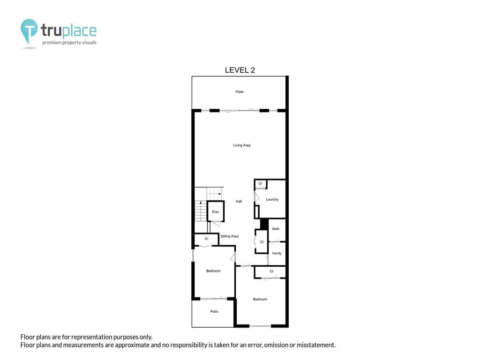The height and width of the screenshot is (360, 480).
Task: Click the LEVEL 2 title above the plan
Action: tap(240, 70)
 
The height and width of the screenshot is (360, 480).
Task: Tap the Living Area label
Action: tap(242, 145)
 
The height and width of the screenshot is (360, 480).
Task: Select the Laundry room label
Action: tap(272, 200)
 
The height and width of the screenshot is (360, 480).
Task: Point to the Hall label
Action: tap(239, 202)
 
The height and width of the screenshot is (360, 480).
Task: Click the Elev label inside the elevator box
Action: tap(216, 212)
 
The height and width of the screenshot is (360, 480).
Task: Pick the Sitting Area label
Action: tap(229, 236)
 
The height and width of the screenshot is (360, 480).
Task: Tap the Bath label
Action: tap(276, 229)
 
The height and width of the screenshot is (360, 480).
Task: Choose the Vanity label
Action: tap(277, 253)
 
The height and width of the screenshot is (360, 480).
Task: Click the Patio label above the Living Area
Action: tap(240, 92)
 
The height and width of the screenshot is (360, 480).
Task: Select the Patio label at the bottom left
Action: tap(214, 311)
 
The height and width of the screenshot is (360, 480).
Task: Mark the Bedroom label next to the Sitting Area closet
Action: tap(213, 271)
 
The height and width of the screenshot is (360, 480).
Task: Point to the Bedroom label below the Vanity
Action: tap(260, 299)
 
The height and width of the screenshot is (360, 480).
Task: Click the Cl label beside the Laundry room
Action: tap(260, 183)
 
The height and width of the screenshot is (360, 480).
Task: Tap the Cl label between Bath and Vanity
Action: tap(262, 242)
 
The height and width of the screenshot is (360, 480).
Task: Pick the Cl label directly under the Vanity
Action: tap(271, 271)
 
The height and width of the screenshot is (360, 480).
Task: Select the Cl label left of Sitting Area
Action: tap(206, 239)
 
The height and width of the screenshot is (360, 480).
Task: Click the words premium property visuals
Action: tap(69, 43)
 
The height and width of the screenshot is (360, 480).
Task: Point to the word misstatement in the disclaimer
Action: tap(317, 345)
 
